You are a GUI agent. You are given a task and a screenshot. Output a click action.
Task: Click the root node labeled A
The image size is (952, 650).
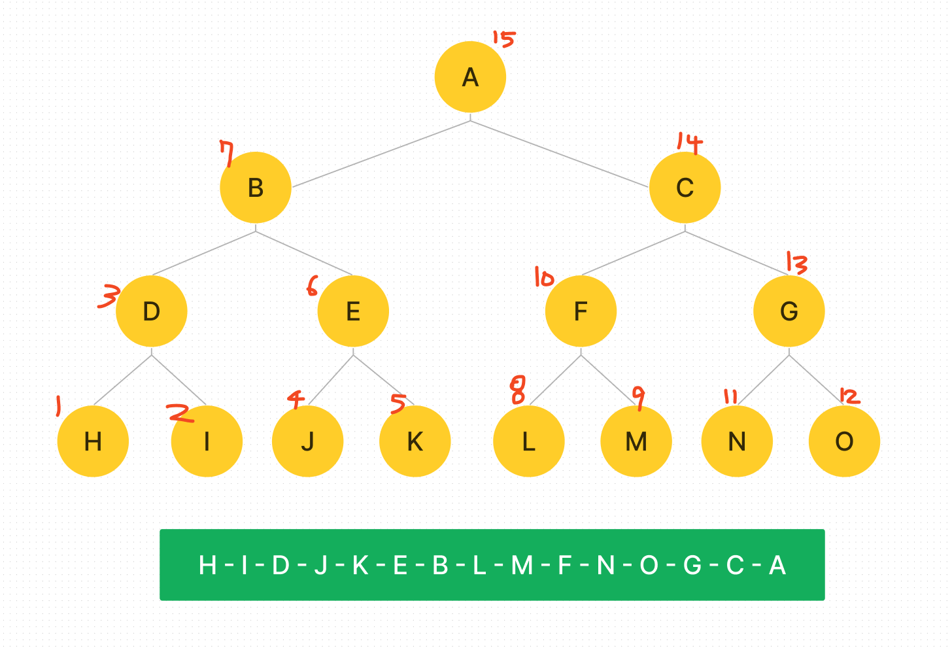470,77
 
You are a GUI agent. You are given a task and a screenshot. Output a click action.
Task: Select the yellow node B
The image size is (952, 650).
256,188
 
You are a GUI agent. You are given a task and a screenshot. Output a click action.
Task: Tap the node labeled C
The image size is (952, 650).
685,188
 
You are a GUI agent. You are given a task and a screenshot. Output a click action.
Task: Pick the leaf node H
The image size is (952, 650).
93,441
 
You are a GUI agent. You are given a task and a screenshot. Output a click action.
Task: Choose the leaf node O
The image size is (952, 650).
844,441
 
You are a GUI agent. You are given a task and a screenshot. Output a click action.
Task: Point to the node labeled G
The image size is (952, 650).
789,311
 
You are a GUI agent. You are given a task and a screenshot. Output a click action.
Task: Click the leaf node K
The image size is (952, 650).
415,441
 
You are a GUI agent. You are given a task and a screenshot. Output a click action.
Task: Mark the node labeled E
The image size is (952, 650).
353,311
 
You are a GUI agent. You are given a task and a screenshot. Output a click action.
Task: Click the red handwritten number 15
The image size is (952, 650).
503,39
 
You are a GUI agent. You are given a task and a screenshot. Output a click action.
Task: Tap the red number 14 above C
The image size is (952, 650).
689,143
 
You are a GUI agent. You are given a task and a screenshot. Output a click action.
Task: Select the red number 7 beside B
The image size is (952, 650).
227,154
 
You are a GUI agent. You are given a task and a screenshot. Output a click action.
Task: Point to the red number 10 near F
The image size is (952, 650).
543,277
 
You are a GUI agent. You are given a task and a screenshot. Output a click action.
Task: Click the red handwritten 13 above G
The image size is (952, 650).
796,263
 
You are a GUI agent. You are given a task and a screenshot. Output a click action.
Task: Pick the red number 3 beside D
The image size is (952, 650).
108,296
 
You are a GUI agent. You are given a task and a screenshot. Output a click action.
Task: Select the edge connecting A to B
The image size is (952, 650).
381,154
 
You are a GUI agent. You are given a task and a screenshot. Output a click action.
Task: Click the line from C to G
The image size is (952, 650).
737,253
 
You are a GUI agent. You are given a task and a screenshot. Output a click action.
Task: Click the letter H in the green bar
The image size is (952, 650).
207,565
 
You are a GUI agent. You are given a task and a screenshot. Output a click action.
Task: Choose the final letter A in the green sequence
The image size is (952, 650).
777,565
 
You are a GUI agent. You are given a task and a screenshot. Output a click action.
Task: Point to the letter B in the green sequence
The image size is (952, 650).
440,565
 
